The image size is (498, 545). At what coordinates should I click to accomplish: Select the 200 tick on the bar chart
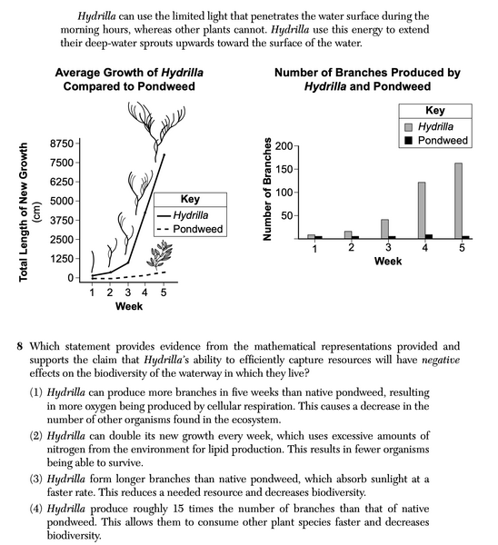coord(284,146)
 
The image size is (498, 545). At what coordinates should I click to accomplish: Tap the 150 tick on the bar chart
coord(284,169)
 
